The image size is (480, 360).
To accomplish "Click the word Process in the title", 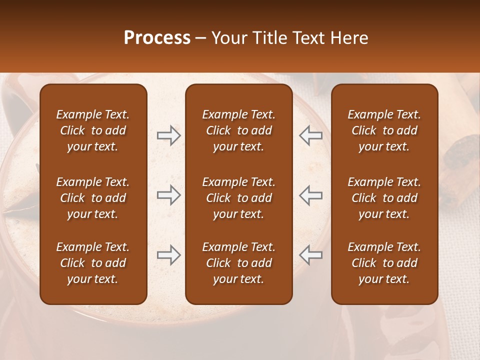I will (x=157, y=38).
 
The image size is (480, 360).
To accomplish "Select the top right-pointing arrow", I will (x=168, y=135).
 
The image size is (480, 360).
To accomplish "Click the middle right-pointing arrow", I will (x=168, y=194).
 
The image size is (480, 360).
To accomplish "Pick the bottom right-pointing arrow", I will (x=168, y=255).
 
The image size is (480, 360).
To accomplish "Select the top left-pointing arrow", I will (x=310, y=135).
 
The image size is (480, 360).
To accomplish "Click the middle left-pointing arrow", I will (x=310, y=194).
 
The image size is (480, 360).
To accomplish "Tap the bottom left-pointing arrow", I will (x=310, y=255).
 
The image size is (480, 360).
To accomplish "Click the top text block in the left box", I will (x=93, y=130).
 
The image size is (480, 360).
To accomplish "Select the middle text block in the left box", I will (x=93, y=198).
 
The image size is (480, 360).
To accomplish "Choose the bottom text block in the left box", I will (x=93, y=263).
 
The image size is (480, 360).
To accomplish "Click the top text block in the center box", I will (x=238, y=130).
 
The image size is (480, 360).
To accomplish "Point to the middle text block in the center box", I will (x=238, y=198).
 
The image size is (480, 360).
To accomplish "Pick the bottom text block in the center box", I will (x=238, y=263).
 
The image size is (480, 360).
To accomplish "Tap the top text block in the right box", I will (x=384, y=130).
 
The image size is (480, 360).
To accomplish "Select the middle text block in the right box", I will (x=384, y=198).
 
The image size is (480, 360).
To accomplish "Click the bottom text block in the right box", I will (x=384, y=263).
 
